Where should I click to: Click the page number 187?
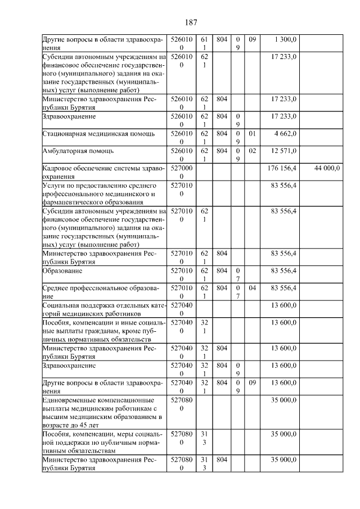pos(190,22)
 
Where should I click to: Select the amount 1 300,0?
pos(285,39)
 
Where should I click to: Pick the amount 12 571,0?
pos(283,151)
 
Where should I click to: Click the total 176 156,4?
pos(281,168)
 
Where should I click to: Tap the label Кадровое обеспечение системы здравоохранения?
pos(103,172)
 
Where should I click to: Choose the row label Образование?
pos(62,271)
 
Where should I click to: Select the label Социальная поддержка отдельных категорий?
pos(103,309)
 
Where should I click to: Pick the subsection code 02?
pos(252,151)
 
